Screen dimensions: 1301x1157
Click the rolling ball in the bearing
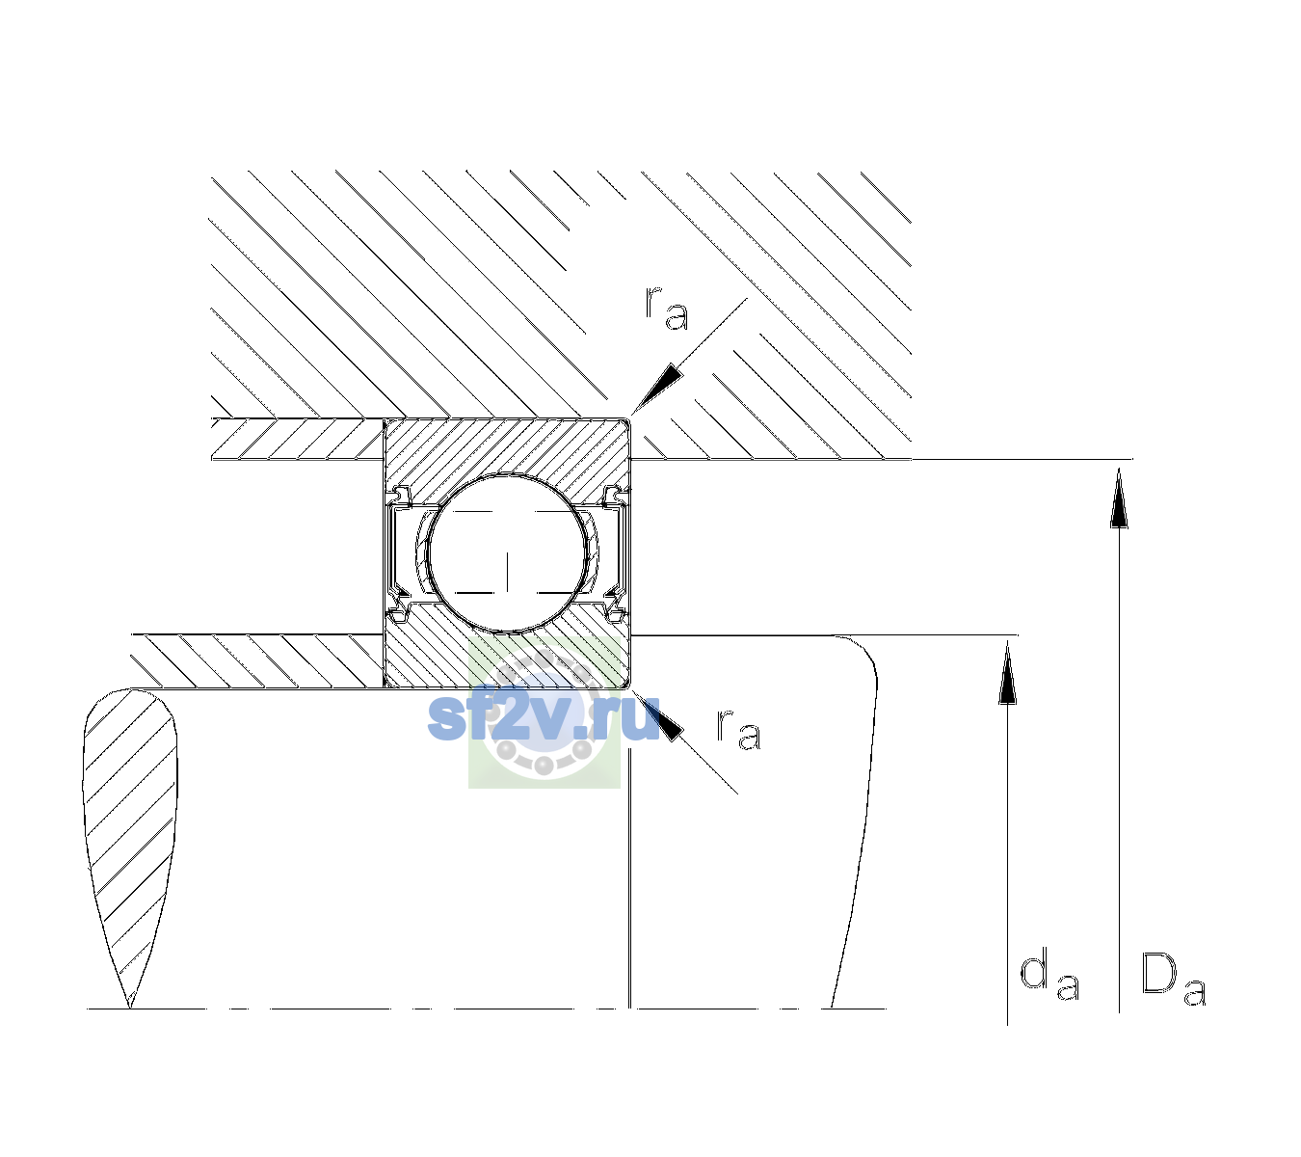tap(507, 553)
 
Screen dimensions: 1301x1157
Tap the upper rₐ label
tap(666, 309)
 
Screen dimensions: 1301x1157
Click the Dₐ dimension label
tap(1174, 979)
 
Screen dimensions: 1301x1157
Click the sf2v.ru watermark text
tap(544, 717)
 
